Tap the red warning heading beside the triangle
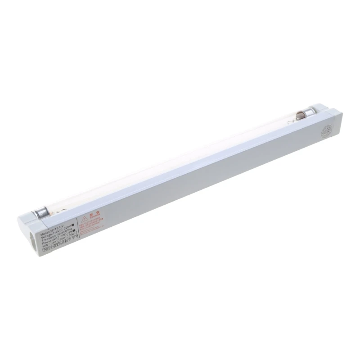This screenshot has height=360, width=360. (94, 216)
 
